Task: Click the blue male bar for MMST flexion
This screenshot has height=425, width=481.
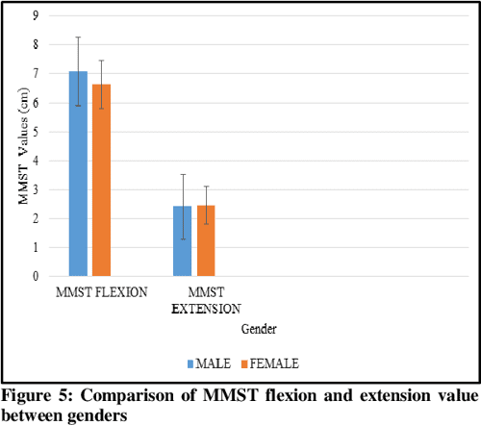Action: (78, 173)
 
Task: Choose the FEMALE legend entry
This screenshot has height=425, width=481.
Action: (272, 362)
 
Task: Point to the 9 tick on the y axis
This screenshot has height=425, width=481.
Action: (36, 15)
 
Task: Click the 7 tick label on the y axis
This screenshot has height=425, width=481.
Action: (36, 73)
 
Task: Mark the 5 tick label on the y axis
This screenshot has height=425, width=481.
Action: (36, 132)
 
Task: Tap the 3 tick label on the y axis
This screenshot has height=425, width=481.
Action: (36, 189)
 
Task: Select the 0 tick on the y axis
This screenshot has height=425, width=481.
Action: (36, 276)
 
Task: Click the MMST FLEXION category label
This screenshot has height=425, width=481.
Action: (101, 292)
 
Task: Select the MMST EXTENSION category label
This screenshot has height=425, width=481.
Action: (203, 300)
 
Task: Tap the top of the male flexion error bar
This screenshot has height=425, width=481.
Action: (78, 37)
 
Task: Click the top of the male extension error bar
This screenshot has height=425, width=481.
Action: (182, 174)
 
